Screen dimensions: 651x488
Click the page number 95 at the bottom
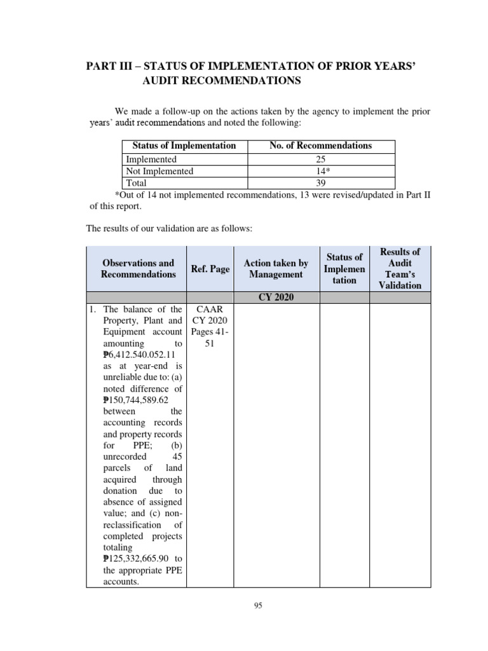tap(258, 606)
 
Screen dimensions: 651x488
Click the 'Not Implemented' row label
tap(159, 171)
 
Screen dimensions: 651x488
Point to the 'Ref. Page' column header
tap(210, 269)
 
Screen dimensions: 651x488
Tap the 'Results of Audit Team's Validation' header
tap(400, 268)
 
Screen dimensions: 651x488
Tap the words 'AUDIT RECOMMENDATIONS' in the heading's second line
tap(216, 81)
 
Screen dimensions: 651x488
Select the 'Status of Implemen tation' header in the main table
tap(344, 268)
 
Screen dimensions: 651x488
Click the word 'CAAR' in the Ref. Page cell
tap(210, 309)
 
